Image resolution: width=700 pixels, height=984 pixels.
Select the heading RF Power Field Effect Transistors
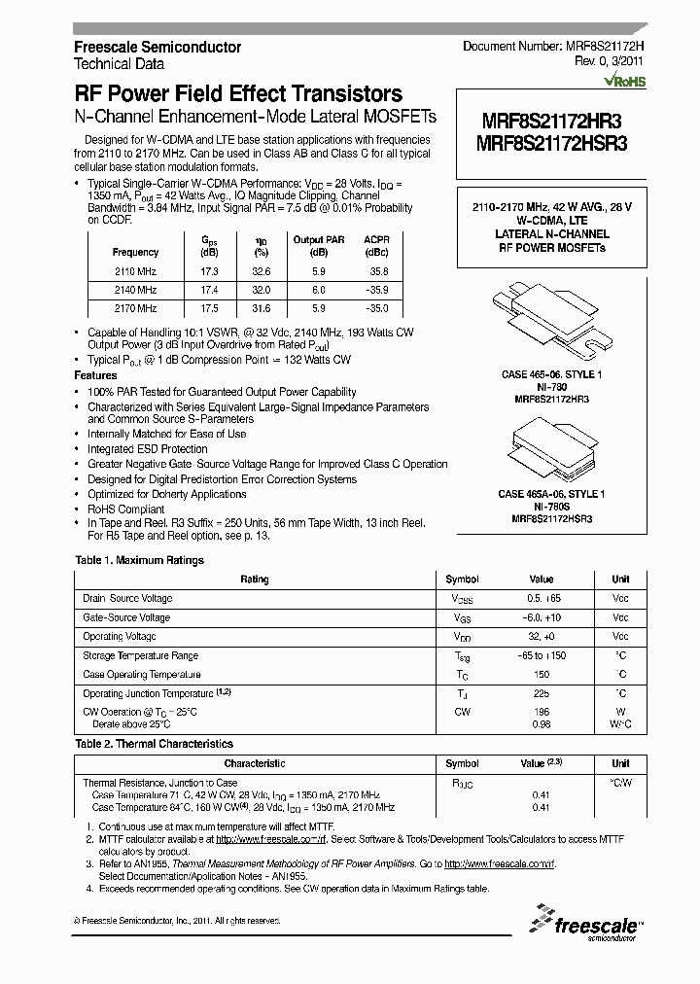(x=238, y=94)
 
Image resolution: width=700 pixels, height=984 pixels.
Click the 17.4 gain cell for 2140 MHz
(x=209, y=291)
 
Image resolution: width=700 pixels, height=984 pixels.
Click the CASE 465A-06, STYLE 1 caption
(x=552, y=495)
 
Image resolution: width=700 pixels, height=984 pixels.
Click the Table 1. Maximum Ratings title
(x=140, y=560)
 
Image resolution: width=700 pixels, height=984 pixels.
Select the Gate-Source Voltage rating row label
(x=126, y=617)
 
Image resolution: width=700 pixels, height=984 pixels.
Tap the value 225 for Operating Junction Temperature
(x=541, y=694)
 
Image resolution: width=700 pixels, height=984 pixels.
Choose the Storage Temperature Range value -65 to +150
(x=541, y=656)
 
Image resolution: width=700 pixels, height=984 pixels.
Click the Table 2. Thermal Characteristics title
(x=155, y=744)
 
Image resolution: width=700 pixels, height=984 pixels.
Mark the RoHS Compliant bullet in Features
(x=126, y=509)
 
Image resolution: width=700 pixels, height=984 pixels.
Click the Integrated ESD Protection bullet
(x=148, y=449)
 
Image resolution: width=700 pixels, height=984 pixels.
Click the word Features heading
(x=96, y=375)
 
